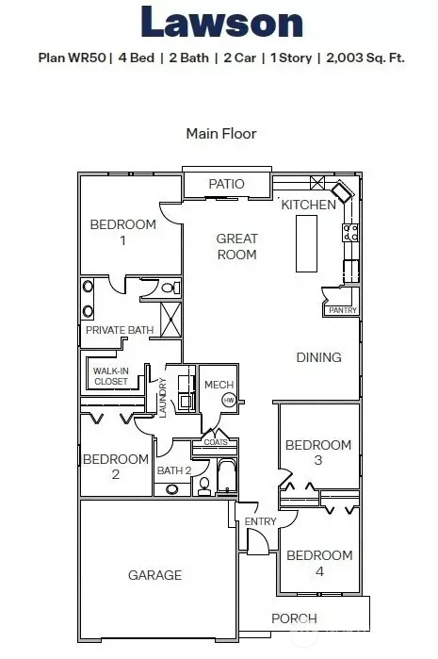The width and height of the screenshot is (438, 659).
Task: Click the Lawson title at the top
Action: (221, 22)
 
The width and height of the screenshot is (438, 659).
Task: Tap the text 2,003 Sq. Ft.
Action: (365, 58)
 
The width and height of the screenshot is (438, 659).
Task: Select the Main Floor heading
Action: (221, 134)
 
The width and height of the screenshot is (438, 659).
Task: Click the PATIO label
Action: (226, 184)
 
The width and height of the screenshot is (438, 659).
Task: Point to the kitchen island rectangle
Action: (306, 244)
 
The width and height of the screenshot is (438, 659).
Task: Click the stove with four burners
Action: (350, 233)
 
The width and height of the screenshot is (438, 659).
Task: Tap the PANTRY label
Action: (343, 310)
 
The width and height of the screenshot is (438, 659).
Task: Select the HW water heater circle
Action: (229, 400)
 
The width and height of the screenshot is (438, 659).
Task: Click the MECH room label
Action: (219, 385)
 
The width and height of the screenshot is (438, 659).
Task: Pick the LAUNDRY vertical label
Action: (163, 398)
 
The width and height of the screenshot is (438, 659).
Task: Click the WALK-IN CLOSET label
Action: (111, 376)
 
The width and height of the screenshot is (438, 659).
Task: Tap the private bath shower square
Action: (170, 320)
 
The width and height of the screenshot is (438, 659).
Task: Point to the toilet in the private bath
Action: (170, 288)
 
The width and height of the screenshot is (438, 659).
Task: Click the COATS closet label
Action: (216, 442)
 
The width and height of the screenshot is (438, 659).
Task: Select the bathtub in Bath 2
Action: (227, 477)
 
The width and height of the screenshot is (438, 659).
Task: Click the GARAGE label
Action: (155, 575)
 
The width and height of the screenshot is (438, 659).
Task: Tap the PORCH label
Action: (294, 618)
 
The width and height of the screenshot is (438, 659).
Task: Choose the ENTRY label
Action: (260, 521)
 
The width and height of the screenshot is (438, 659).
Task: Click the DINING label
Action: (318, 357)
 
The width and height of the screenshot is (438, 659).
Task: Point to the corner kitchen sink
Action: (343, 192)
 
